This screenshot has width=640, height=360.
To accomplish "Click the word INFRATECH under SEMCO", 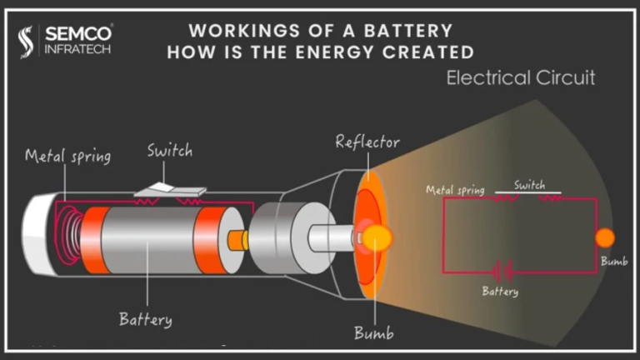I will point(76,50).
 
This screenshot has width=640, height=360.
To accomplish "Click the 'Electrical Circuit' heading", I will point(521,78).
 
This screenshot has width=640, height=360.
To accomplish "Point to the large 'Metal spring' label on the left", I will point(67,156).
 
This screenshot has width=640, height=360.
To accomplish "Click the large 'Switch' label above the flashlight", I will point(169,151).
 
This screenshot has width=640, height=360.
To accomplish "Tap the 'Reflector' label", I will point(367,142).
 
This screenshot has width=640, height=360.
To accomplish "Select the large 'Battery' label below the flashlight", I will point(145,318).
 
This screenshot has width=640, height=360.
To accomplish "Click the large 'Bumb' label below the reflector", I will point(373,333).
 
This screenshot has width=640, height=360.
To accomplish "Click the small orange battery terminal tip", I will point(238,240).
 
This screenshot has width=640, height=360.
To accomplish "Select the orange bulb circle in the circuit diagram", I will point(605,237).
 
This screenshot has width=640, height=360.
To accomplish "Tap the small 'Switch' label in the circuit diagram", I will point(530,185).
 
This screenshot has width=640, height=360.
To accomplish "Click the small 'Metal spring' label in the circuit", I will point(455,190).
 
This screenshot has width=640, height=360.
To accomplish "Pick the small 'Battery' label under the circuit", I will point(500,292).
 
